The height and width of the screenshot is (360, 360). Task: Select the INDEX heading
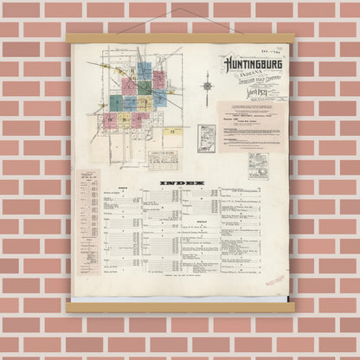(x=181, y=183)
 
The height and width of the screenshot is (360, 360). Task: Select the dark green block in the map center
(x=130, y=87)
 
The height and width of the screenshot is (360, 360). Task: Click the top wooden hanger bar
(x=180, y=38)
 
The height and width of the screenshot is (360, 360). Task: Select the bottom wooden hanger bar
(x=180, y=305)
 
